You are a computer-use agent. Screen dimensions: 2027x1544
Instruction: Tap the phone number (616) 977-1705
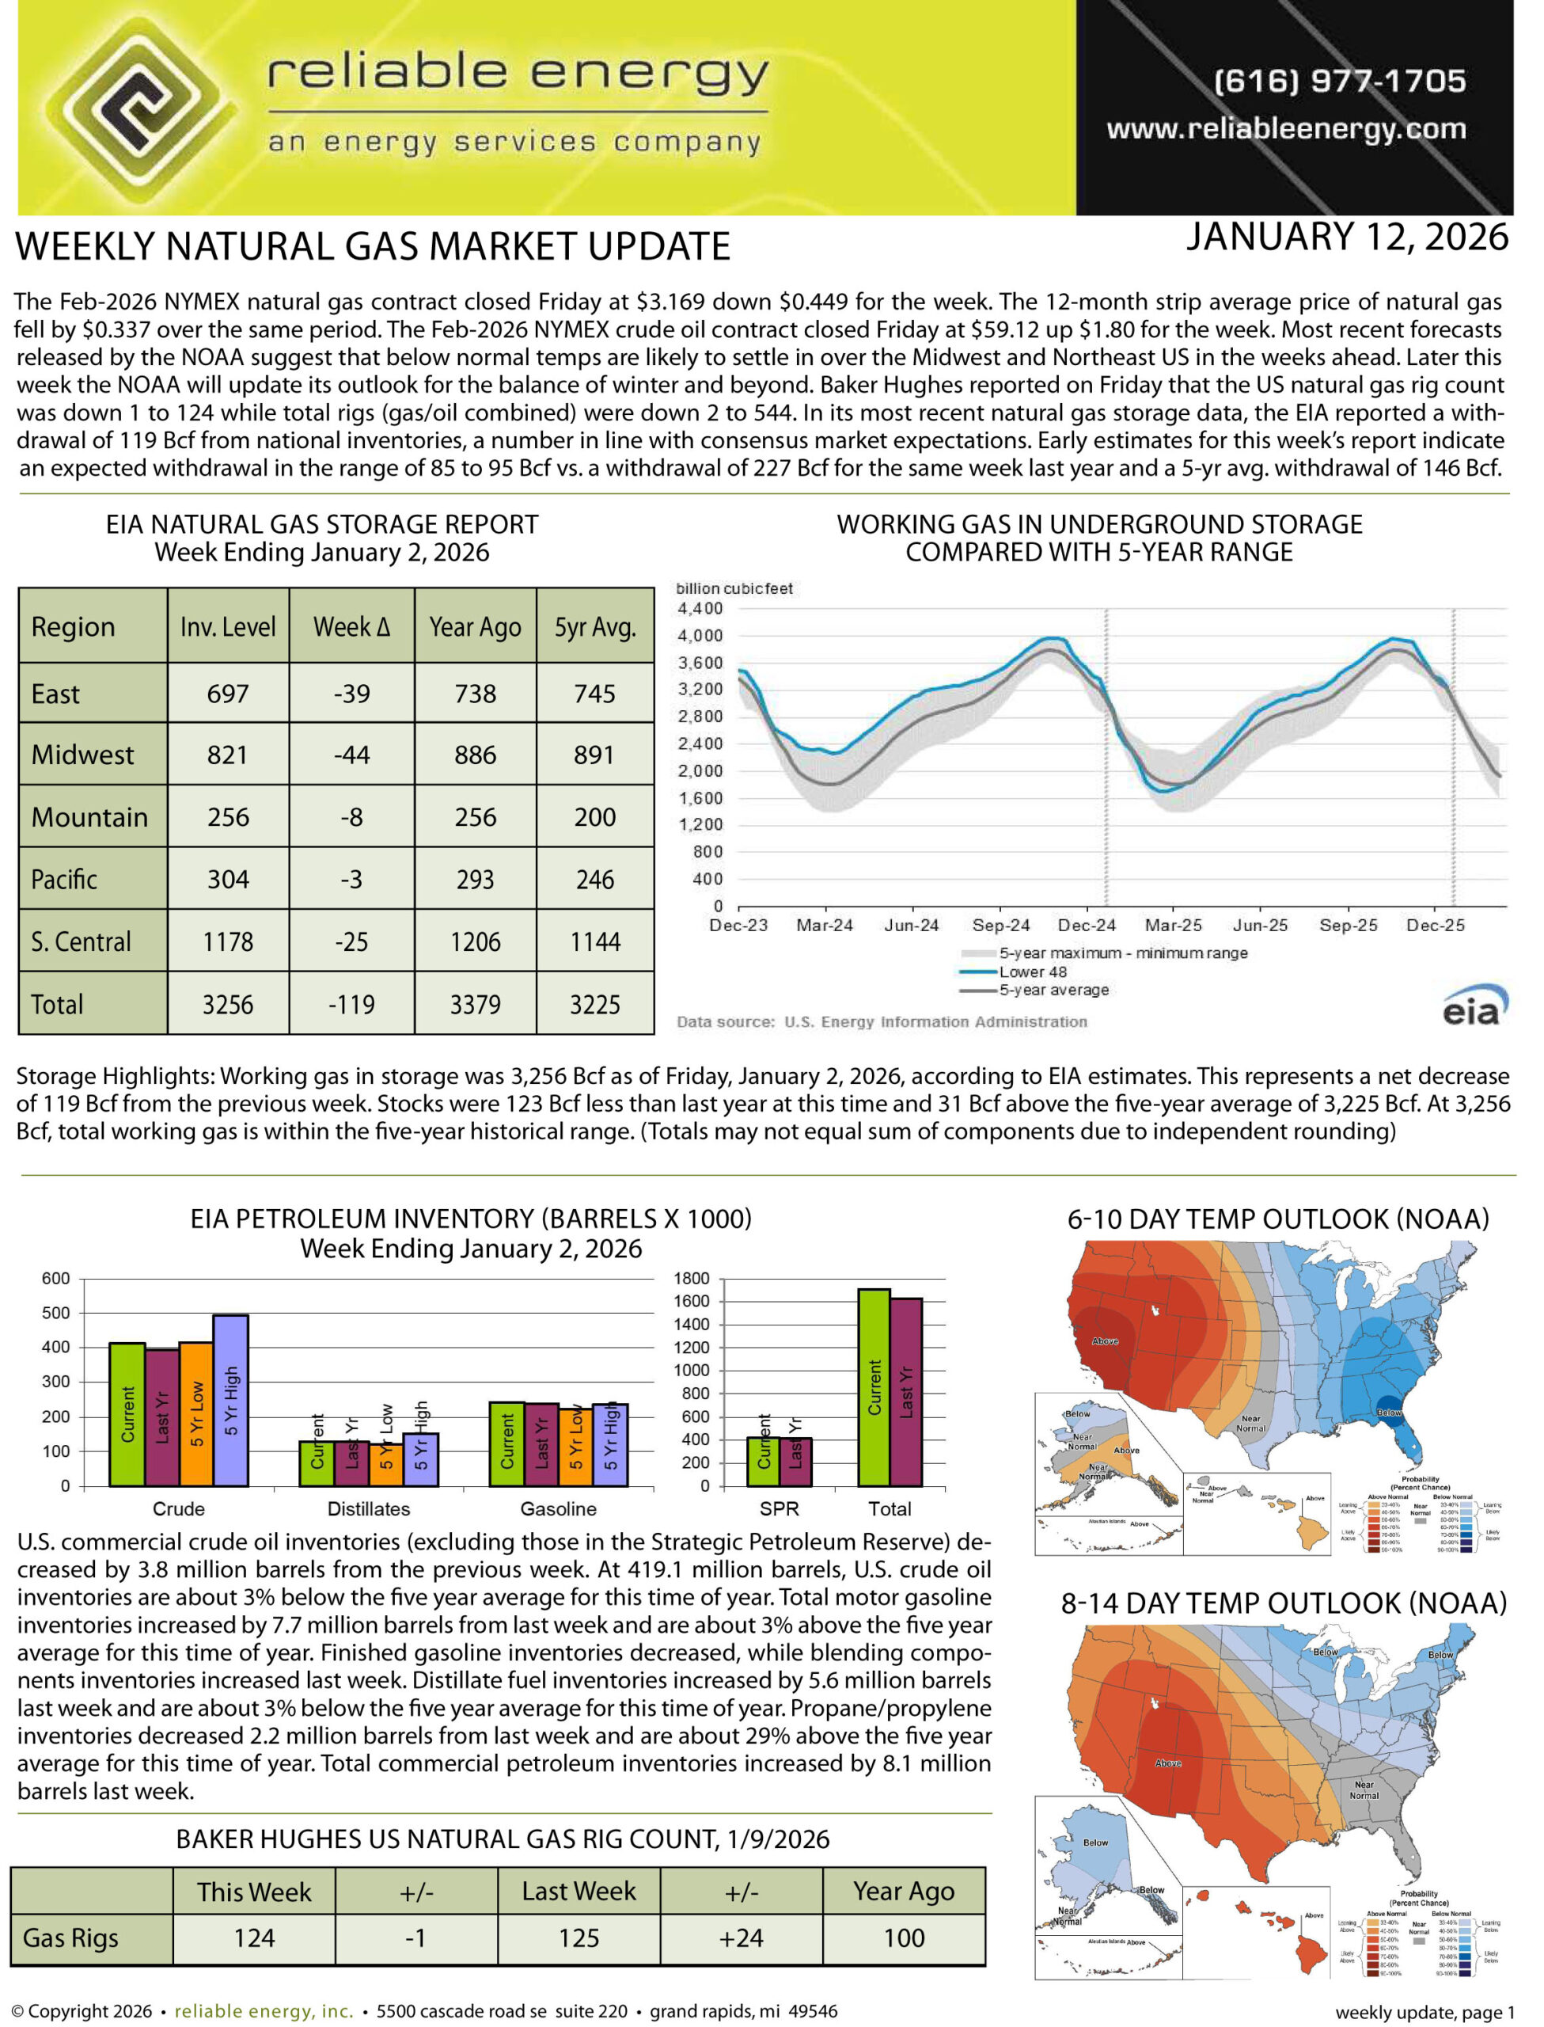(x=1340, y=81)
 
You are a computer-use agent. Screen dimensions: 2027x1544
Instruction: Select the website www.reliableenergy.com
(x=1287, y=130)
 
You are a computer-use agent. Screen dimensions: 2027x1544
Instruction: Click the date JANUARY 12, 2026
(x=1347, y=238)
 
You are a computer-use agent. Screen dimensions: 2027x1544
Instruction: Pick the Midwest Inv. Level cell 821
(x=228, y=755)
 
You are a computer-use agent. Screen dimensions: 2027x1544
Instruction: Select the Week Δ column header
(x=352, y=628)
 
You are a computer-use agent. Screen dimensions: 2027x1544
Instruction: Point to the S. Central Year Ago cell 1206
(x=475, y=942)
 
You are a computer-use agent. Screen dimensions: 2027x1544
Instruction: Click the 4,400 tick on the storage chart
(x=700, y=610)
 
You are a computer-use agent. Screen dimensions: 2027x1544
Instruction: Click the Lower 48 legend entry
(x=1033, y=972)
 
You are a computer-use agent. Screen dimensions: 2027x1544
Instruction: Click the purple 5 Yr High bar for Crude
(x=230, y=1401)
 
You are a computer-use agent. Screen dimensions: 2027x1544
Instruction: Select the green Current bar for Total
(x=874, y=1388)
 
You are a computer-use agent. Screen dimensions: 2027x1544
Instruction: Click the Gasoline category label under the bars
(x=559, y=1509)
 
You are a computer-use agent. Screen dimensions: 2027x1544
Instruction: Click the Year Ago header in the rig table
(x=905, y=1892)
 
